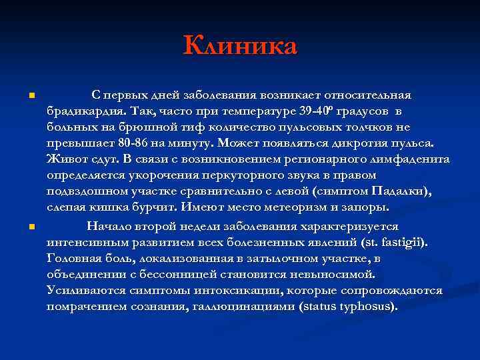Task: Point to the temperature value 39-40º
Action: [317, 111]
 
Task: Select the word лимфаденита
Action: [412, 159]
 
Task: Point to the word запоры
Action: [363, 208]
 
